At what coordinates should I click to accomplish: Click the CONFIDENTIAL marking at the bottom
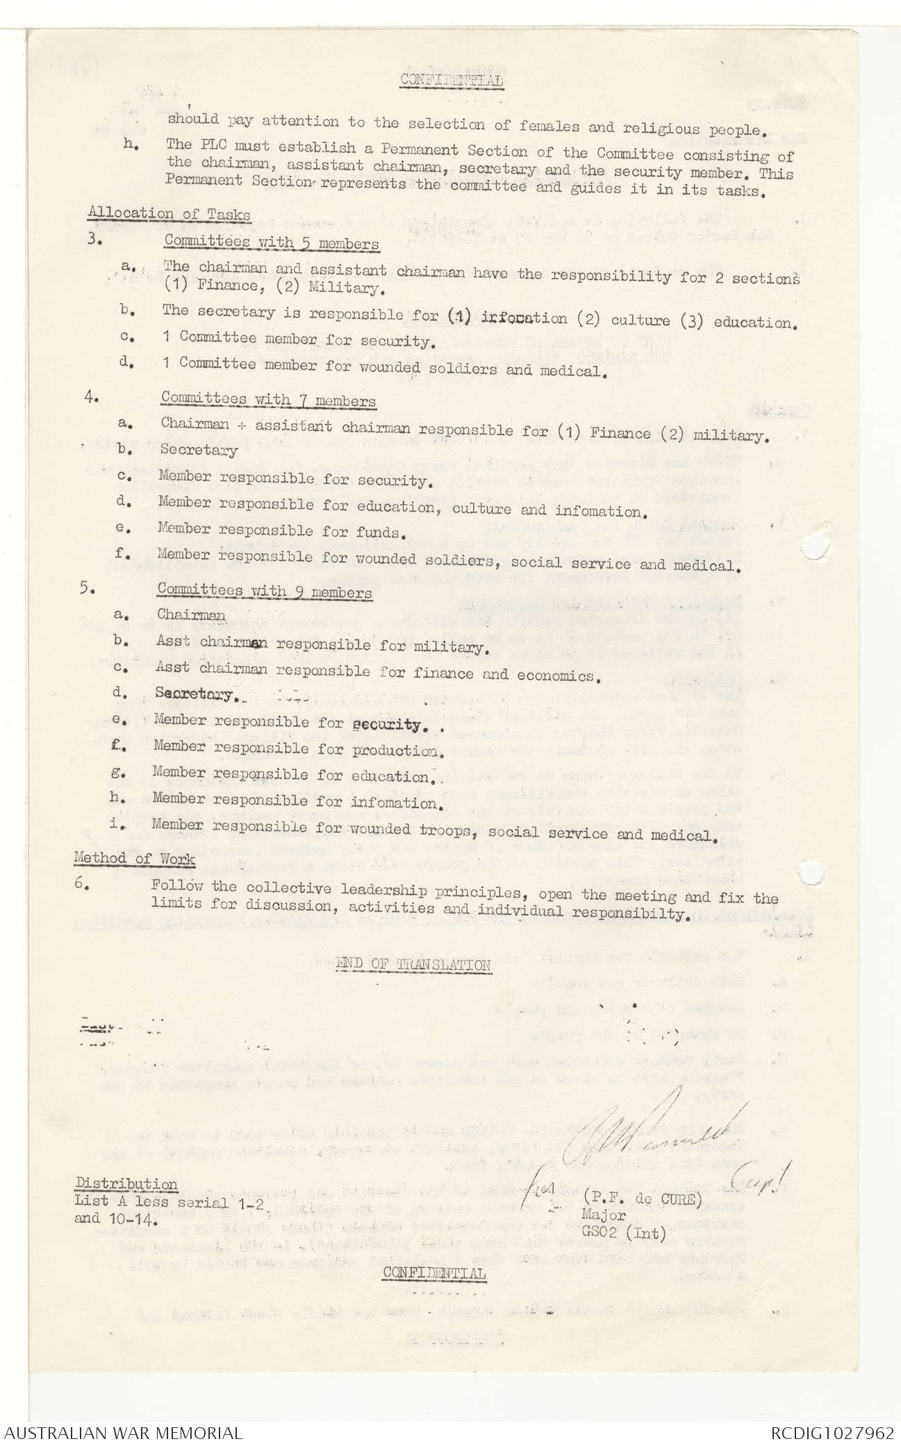(434, 1274)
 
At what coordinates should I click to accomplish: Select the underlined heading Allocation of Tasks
(170, 215)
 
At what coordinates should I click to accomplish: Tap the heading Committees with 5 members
(272, 243)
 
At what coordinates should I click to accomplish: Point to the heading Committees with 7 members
(268, 400)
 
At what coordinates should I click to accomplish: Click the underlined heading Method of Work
(134, 859)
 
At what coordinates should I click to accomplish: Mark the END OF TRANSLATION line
(414, 964)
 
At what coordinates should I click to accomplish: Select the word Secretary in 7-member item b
(199, 450)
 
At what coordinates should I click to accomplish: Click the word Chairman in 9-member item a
(191, 615)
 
